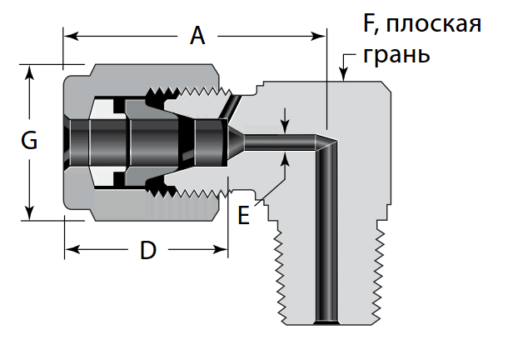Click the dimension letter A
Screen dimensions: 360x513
click(197, 36)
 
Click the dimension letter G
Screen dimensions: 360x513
click(29, 142)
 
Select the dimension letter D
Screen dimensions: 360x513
click(147, 249)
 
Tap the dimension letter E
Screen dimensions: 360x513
click(243, 216)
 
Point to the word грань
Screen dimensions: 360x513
click(397, 56)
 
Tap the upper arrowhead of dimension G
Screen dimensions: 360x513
click(30, 72)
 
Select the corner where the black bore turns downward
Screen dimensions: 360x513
click(327, 143)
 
